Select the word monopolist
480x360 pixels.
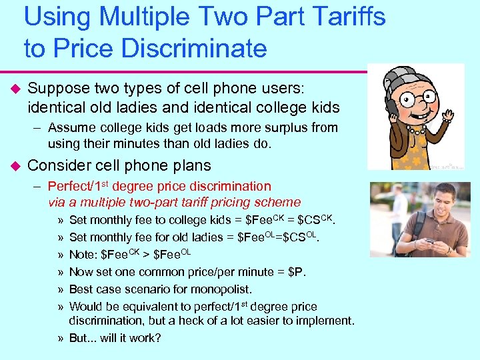[x=221, y=289]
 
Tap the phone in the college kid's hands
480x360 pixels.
[x=430, y=241]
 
